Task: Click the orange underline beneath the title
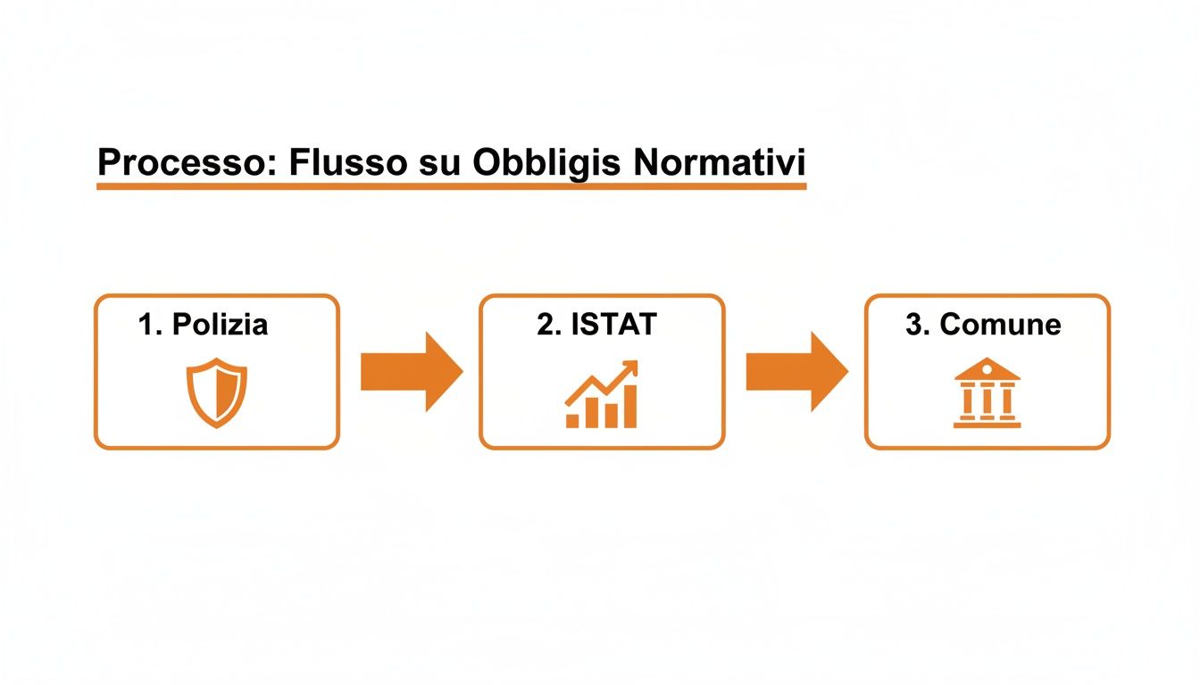(451, 186)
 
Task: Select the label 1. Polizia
(203, 325)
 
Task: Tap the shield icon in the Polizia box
(216, 393)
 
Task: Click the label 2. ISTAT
(596, 325)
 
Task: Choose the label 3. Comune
(983, 325)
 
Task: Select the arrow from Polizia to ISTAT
(411, 371)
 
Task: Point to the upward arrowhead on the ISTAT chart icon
(630, 367)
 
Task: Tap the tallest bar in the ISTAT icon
(629, 407)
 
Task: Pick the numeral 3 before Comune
(913, 325)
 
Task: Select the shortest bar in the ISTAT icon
(572, 420)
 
